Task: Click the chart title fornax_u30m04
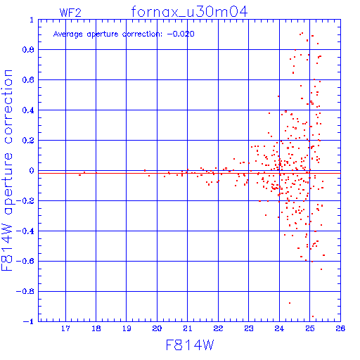189,12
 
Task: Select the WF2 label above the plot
70,13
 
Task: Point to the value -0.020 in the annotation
181,34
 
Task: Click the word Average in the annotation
68,34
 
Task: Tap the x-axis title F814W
190,345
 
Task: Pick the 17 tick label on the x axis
65,328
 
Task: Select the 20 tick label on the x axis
157,328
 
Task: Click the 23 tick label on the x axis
249,328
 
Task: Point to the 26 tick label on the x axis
340,328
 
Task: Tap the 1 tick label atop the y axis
32,20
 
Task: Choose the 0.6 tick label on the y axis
28,80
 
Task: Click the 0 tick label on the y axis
32,171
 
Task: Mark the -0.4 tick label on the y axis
25,231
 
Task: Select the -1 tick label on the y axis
29,321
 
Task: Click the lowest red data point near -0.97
313,316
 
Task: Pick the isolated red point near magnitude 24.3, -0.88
290,303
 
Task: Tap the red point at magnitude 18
96,173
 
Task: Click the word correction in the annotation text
142,34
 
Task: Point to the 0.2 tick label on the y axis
28,141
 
